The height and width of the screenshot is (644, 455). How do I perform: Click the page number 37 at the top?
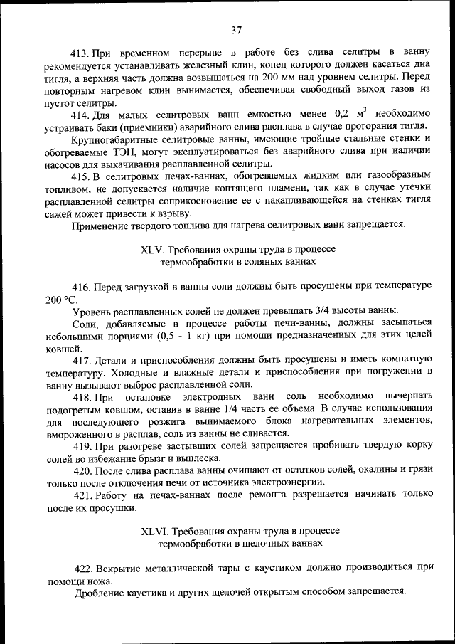(237, 30)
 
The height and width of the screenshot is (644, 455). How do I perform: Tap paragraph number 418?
(82, 396)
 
